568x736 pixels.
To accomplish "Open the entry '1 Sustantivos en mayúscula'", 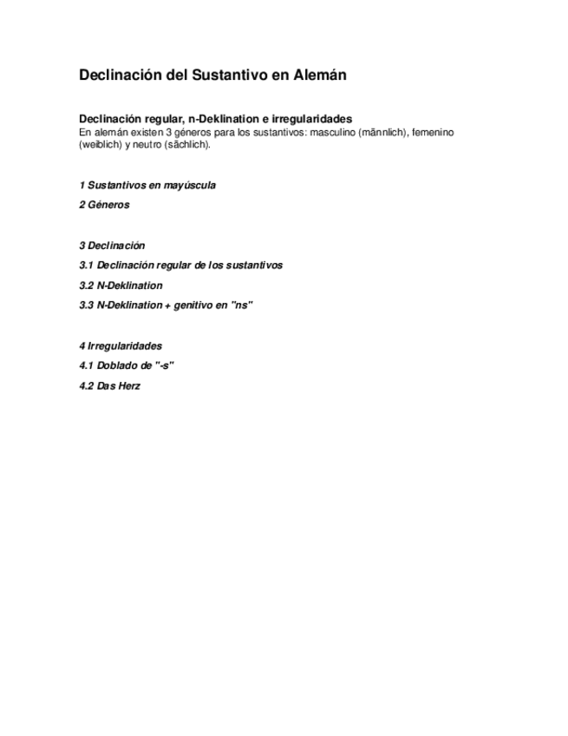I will click(147, 186).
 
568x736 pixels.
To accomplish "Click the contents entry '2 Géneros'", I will click(104, 206).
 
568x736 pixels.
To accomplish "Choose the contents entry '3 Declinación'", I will click(112, 246).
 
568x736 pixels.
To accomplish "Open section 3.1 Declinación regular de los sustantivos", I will click(180, 266).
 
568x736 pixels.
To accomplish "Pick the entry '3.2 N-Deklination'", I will click(121, 286).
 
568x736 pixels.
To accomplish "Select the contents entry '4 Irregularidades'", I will click(121, 345).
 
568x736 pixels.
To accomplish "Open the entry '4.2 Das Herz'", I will click(109, 385).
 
